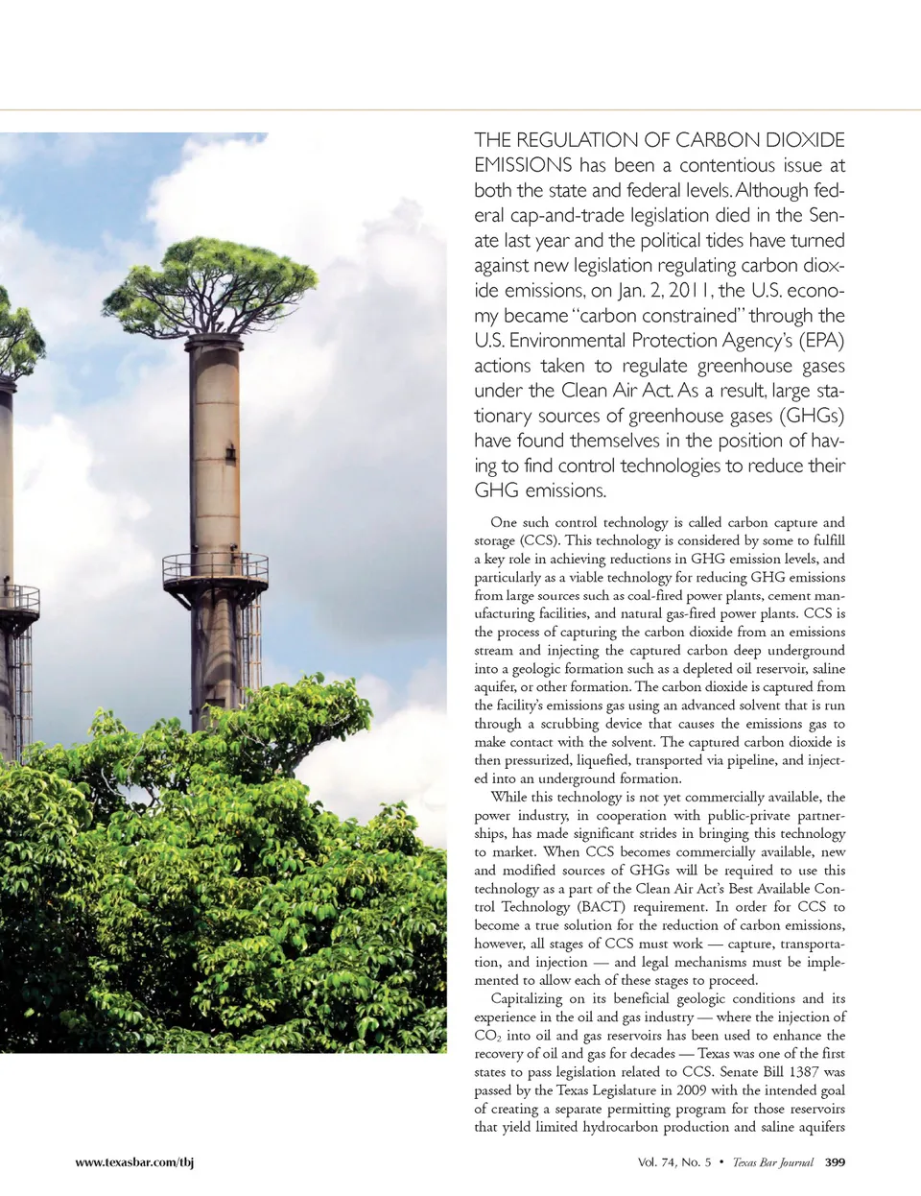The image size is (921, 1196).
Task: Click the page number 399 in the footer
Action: coord(835,1162)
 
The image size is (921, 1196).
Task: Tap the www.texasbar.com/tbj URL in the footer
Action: coord(134,1162)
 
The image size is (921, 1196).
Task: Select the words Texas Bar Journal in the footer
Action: coord(772,1162)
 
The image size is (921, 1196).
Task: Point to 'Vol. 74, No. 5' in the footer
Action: coord(674,1162)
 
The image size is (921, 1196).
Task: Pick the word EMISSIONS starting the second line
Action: coord(523,165)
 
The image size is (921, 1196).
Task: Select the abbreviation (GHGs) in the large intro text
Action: coord(813,416)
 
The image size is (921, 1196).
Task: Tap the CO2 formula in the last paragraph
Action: coord(487,1036)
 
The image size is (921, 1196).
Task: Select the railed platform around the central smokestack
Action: coord(215,568)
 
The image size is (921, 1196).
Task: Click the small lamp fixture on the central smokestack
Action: coord(230,451)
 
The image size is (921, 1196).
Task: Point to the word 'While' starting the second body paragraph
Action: coord(508,797)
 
